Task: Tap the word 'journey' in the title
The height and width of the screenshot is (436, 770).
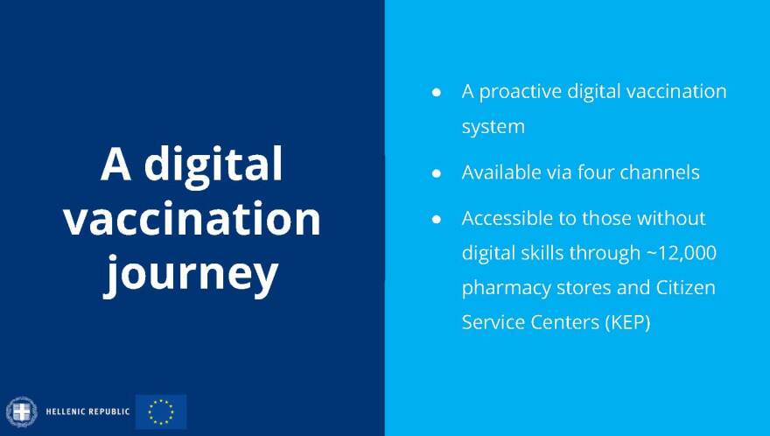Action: click(191, 275)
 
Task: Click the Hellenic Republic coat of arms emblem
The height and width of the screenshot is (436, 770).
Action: click(22, 411)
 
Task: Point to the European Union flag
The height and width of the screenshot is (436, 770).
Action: click(161, 411)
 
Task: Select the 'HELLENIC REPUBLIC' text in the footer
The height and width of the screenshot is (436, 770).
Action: click(87, 411)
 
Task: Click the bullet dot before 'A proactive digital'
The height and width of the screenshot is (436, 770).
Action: click(436, 92)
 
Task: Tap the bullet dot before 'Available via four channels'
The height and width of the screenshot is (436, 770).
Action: click(436, 173)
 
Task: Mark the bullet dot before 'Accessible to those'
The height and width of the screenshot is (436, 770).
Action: click(436, 219)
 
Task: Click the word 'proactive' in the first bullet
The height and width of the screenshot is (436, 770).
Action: click(521, 93)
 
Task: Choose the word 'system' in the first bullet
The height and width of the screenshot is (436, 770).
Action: click(493, 127)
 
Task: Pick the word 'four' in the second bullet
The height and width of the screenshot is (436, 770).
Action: click(595, 172)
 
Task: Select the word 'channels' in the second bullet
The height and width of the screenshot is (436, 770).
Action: click(660, 172)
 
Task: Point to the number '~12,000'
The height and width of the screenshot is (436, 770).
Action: click(682, 253)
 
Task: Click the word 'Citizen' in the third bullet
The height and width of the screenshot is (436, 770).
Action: click(686, 287)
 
